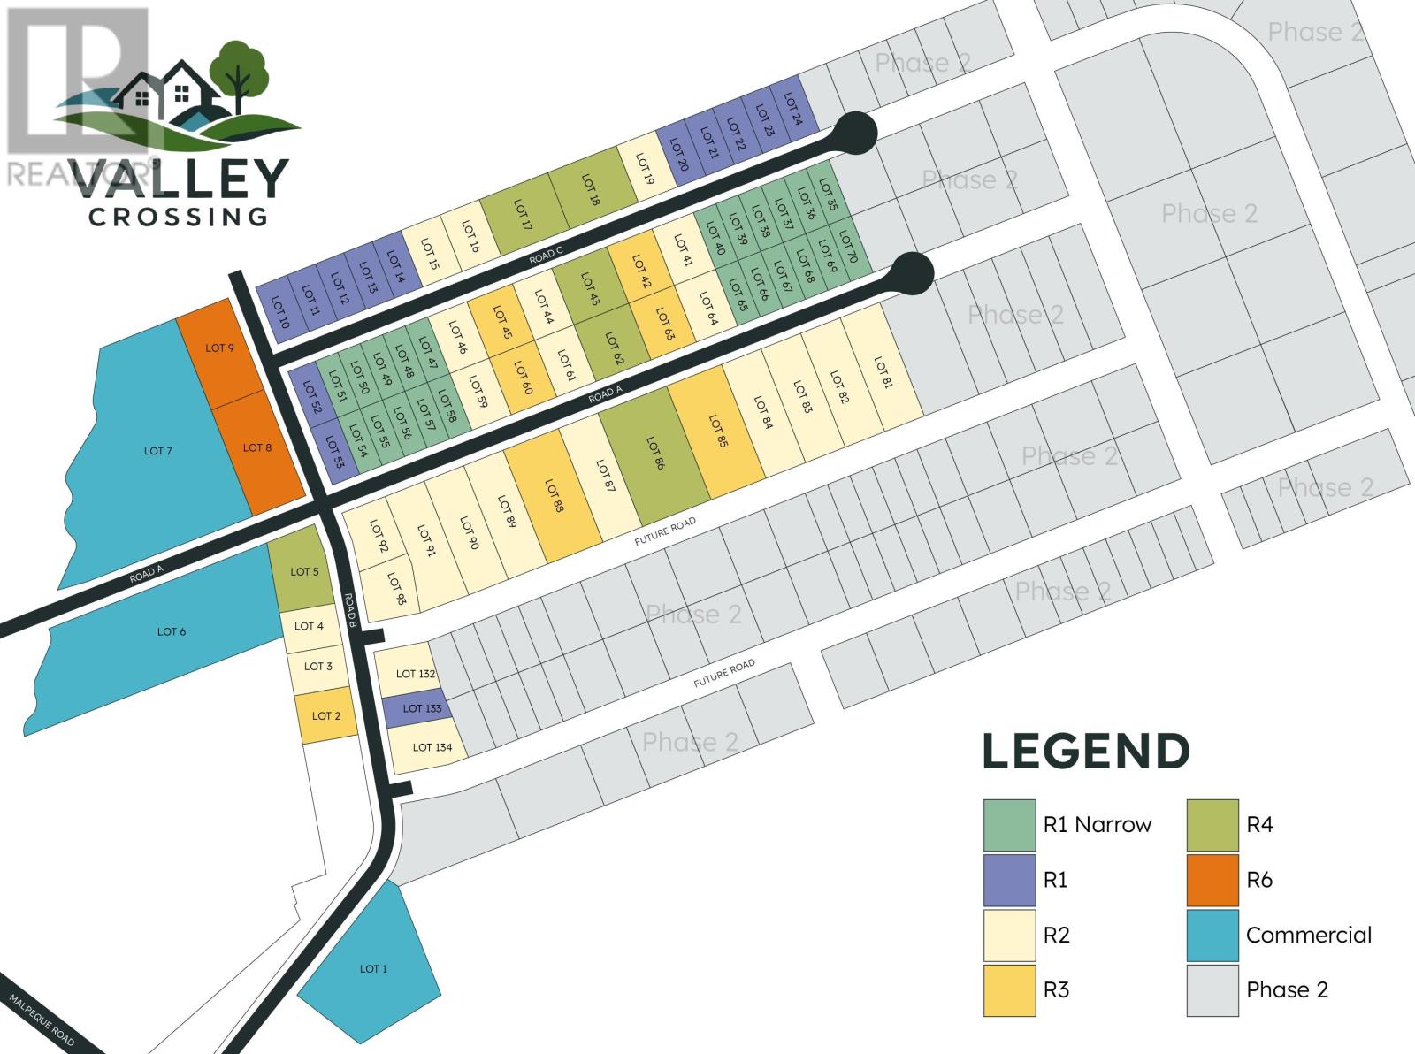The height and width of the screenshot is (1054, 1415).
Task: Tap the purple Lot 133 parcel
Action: pos(419,708)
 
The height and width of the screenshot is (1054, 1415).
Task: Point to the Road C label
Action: pos(546,256)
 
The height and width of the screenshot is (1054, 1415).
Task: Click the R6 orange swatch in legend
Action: pos(1212,880)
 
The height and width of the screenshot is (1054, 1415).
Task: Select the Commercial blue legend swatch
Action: pos(1212,935)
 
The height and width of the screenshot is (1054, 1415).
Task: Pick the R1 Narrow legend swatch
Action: pos(1009,825)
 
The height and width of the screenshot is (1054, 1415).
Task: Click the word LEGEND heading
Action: pos(1086,752)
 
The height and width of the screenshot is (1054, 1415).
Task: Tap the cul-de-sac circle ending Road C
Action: pos(855,134)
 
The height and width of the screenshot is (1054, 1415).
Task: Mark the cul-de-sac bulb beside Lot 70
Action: pos(912,271)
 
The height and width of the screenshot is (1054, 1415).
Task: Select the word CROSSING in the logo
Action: pos(179,216)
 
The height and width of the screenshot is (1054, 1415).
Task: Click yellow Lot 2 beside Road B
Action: pos(325,715)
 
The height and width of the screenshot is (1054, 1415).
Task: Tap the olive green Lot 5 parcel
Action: pos(302,571)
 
